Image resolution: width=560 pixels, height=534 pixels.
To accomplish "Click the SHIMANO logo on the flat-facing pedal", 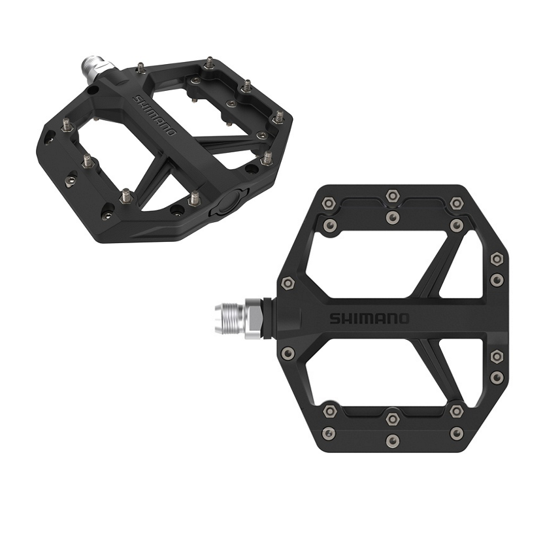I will point(369,318).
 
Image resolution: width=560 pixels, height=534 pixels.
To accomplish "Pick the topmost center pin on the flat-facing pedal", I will point(392,195).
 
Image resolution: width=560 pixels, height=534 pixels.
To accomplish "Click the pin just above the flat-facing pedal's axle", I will point(288,284).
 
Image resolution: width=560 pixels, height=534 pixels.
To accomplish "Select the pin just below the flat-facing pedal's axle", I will point(288,354).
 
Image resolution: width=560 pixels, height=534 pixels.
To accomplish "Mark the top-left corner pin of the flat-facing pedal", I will point(330,204).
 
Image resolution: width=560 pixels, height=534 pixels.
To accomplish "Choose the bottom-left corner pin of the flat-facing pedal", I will point(330,433).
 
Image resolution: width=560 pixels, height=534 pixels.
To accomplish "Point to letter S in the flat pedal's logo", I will point(335,319).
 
